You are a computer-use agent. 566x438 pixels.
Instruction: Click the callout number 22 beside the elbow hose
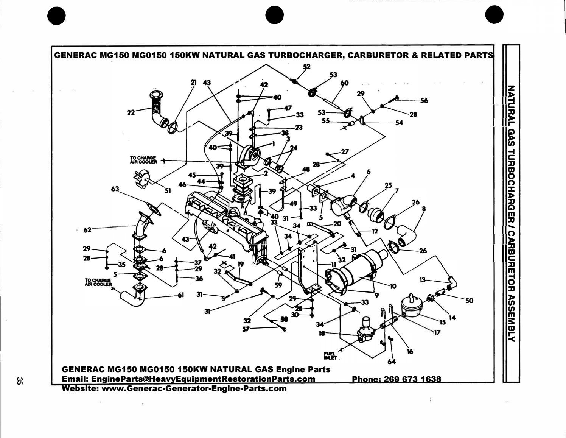131,112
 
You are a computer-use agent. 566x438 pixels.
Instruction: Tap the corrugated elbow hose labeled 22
156,108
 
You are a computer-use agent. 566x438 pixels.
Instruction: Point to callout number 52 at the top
306,67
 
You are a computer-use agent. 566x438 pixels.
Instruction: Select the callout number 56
424,100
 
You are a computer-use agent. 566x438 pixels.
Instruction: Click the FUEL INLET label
329,355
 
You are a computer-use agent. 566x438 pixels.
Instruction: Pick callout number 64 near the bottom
392,362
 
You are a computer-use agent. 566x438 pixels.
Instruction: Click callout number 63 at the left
115,189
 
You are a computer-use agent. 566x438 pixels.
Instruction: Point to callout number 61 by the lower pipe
181,295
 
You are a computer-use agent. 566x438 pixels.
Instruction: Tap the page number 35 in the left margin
19,381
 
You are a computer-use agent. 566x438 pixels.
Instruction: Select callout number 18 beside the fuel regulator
322,333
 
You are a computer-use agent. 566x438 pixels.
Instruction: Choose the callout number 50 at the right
469,301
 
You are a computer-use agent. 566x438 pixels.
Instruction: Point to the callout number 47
288,108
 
